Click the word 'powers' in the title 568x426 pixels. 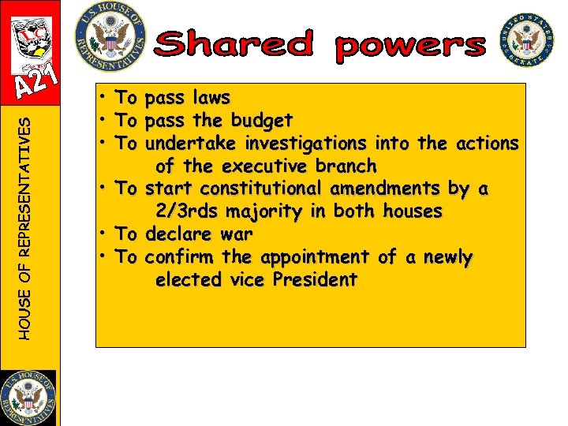pos(409,47)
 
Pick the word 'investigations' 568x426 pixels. pos(305,144)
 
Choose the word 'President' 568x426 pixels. pos(319,280)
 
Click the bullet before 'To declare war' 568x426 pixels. pos(103,234)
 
